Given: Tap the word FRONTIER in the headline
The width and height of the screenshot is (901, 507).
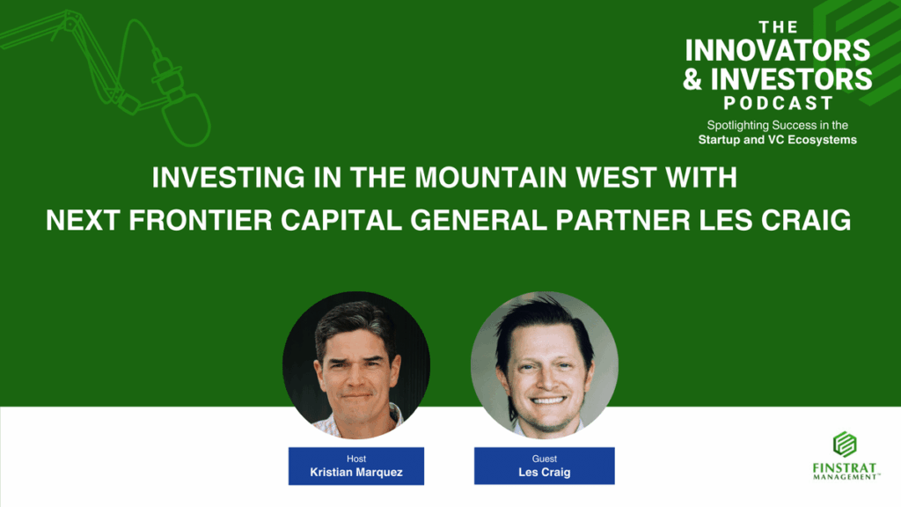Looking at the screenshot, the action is [x=201, y=220].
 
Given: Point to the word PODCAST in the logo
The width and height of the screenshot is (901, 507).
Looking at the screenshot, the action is [x=778, y=104].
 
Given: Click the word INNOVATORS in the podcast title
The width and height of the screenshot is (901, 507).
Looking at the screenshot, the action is [x=778, y=50].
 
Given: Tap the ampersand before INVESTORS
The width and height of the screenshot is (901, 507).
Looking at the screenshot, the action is [x=692, y=79].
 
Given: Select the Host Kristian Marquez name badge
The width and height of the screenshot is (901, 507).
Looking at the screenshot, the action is [x=356, y=467].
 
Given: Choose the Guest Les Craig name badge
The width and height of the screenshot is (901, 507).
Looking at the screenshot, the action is [x=544, y=467].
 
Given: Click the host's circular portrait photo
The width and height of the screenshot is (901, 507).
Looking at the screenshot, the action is [x=356, y=365].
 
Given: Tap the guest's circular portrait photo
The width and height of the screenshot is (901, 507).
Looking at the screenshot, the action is [x=544, y=365].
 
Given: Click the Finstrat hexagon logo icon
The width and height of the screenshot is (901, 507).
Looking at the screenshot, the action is [x=845, y=445].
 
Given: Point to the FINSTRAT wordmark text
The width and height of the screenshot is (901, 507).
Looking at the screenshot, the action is [x=845, y=468].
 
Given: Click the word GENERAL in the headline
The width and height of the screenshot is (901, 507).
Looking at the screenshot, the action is [x=479, y=220].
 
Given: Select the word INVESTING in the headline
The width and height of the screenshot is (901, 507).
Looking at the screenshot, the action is [x=228, y=178].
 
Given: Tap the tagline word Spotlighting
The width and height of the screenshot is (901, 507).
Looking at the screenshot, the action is [x=738, y=125].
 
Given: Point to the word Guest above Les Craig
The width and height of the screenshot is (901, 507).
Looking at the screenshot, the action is [x=544, y=459].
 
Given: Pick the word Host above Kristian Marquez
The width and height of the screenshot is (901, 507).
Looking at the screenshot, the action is [x=356, y=459].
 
